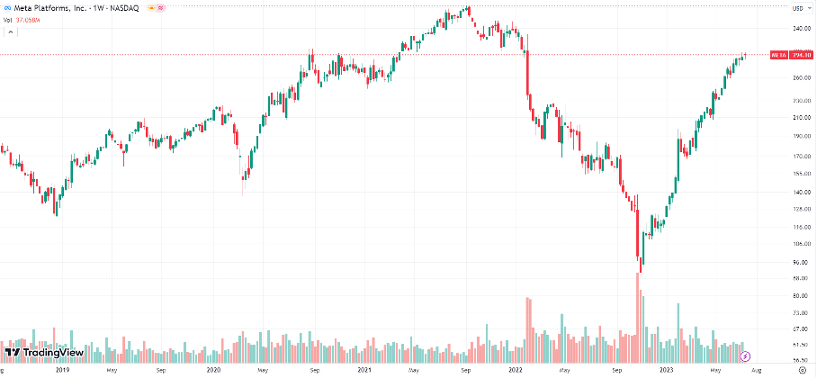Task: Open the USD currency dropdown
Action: pyautogui.click(x=797, y=8)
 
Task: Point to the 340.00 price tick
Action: pyautogui.click(x=797, y=28)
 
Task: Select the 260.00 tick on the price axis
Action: pyautogui.click(x=797, y=77)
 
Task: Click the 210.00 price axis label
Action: pyautogui.click(x=797, y=117)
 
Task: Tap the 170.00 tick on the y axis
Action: pyautogui.click(x=797, y=154)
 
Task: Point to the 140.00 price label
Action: pyautogui.click(x=797, y=192)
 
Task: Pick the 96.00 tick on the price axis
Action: pyautogui.click(x=797, y=262)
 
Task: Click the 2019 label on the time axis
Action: pyautogui.click(x=62, y=369)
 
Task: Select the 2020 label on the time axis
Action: pyautogui.click(x=214, y=369)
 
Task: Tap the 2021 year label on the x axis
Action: pyautogui.click(x=364, y=369)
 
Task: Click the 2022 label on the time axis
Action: pyautogui.click(x=516, y=369)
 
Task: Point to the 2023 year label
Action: pyautogui.click(x=667, y=369)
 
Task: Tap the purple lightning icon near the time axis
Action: pyautogui.click(x=744, y=356)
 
